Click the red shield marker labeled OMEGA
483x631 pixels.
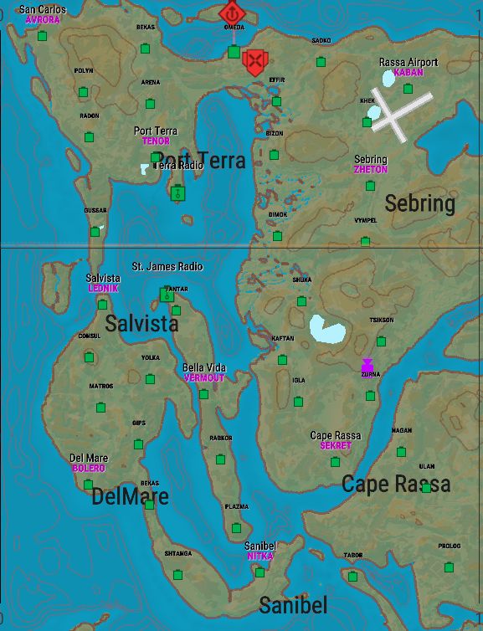pyautogui.click(x=232, y=13)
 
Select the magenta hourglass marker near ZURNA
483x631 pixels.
pyautogui.click(x=367, y=366)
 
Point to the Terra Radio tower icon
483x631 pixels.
pyautogui.click(x=177, y=193)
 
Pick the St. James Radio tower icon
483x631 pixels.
pyautogui.click(x=166, y=294)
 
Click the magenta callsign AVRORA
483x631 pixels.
pyautogui.click(x=42, y=19)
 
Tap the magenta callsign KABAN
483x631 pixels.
pyautogui.click(x=408, y=73)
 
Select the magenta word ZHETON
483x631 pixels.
pyautogui.click(x=370, y=170)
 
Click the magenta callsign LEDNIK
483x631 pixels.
pyautogui.click(x=103, y=288)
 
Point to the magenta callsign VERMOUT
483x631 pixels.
pyautogui.click(x=204, y=378)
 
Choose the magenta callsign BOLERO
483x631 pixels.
pyautogui.click(x=88, y=469)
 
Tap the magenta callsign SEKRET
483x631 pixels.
pyautogui.click(x=336, y=446)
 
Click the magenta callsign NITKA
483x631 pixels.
pyautogui.click(x=259, y=557)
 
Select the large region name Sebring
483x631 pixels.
pyautogui.click(x=419, y=203)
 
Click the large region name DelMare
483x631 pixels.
pyautogui.click(x=130, y=497)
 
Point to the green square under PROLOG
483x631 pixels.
pyautogui.click(x=450, y=567)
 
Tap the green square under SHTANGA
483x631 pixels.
pyautogui.click(x=177, y=574)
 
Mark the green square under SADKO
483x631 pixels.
pyautogui.click(x=321, y=62)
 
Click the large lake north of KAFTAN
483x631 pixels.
pyautogui.click(x=326, y=329)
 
